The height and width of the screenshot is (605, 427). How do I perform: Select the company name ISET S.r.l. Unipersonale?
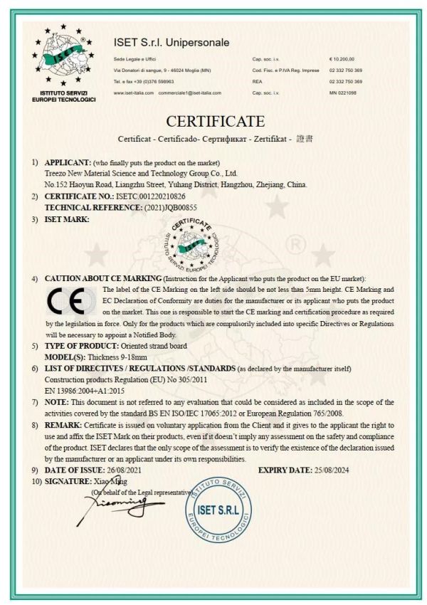pyautogui.click(x=172, y=43)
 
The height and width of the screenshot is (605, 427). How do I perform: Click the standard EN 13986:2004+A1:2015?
pyautogui.click(x=86, y=391)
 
